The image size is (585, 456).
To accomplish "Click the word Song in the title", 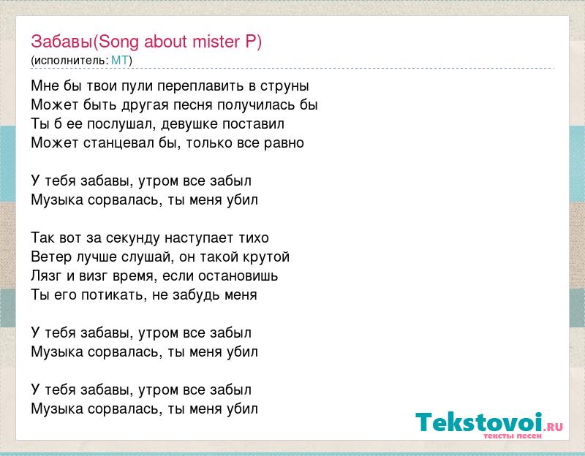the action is point(118,42).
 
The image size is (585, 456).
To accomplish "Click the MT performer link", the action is point(120,60).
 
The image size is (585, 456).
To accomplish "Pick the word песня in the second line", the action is point(192,105).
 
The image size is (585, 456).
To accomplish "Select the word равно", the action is point(284,143).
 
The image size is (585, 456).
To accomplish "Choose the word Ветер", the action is point(51,257).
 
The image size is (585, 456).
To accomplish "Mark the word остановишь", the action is point(238,276).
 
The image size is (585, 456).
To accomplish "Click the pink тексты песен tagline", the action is point(513,436).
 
